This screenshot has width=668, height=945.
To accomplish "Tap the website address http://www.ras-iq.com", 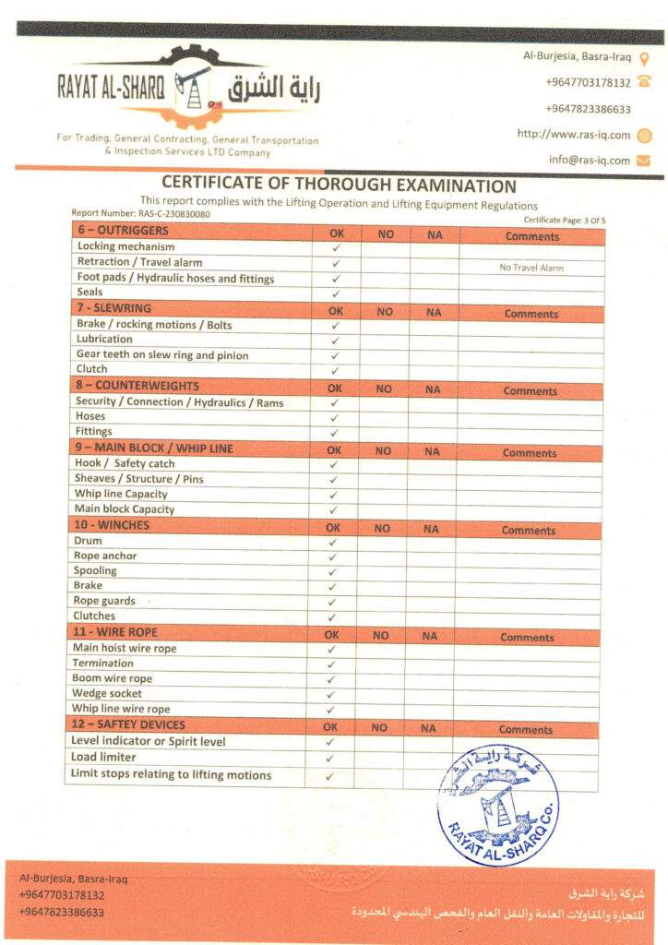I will point(573,135).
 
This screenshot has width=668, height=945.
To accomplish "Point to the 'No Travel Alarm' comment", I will point(531,268).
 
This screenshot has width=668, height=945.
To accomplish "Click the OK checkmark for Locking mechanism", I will point(336,248).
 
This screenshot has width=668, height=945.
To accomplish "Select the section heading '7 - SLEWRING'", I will point(114,308).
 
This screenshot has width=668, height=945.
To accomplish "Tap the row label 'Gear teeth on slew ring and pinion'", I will point(162,354).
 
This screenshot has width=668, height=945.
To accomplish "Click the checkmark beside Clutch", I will point(335,370).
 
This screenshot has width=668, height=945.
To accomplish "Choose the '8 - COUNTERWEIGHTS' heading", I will point(137,386).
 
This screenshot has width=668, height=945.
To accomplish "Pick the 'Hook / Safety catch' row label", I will point(125,463).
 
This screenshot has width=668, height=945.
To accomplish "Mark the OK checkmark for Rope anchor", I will point(332,556).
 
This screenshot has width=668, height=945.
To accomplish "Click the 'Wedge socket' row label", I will point(107,693).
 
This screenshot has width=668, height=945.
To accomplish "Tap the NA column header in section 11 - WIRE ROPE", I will point(429,636).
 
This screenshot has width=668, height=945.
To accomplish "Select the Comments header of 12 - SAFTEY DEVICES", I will point(526,729).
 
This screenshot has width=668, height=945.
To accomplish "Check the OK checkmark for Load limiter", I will point(330,759).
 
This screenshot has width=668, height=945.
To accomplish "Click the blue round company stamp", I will point(497,802).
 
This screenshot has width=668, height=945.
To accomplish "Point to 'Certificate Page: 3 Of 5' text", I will point(564,220).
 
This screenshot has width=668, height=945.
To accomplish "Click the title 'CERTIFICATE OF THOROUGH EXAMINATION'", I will point(339,185).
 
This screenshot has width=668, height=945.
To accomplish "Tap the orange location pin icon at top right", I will point(645,57).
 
